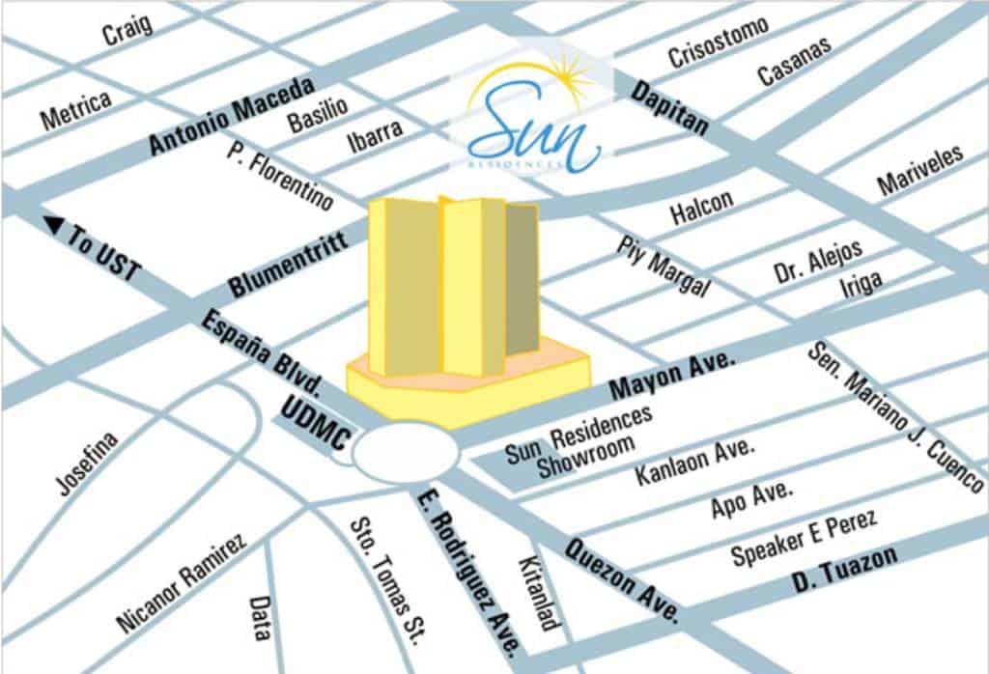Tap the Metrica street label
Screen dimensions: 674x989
[75, 110]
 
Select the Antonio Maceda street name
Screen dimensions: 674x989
[233, 116]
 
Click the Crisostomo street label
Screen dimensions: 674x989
[719, 42]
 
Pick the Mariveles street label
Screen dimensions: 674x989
[919, 171]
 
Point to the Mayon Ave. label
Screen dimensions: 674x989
[673, 376]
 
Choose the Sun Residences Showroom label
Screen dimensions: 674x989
[579, 443]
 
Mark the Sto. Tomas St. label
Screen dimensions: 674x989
[388, 582]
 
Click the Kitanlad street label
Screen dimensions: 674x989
[538, 592]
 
